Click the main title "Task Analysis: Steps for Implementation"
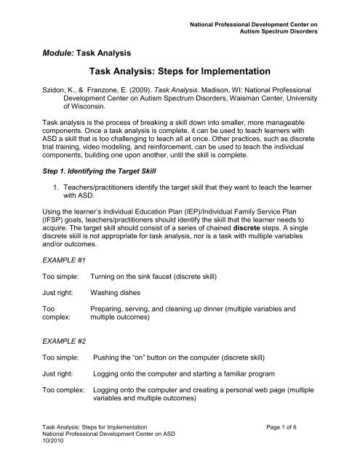pos(179,73)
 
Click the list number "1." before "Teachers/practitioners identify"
pos(57,213)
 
